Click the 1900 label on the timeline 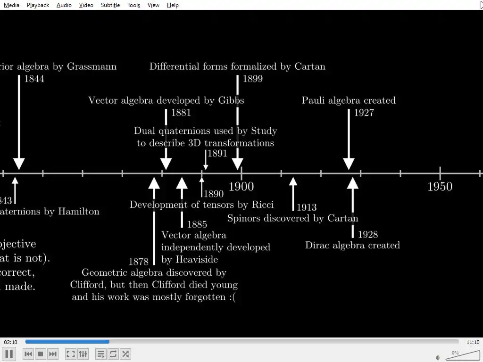241,187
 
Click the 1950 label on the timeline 440,187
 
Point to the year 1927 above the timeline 364,113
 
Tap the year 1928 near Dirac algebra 368,234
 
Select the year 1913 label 307,207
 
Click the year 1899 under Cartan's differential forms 252,79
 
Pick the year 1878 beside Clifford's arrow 138,262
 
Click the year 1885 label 197,224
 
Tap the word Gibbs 231,100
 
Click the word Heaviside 196,260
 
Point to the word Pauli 313,100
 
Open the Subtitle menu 110,5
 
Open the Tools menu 133,5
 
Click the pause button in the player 9,354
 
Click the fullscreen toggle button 71,354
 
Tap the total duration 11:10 473,343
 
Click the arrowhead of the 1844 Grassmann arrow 19,164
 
